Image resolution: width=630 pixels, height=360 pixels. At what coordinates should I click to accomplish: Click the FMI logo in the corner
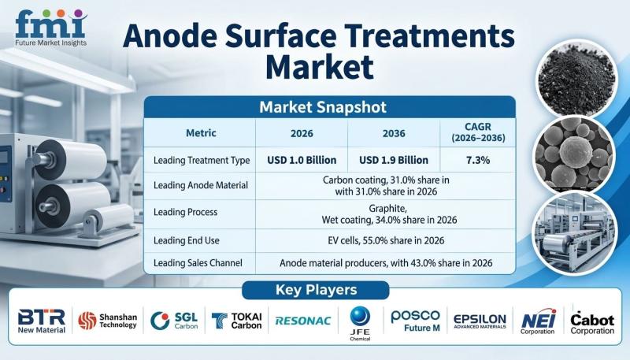[x=50, y=28]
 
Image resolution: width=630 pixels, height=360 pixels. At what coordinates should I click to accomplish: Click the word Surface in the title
[x=280, y=36]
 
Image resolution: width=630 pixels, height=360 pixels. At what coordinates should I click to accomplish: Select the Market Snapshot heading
[x=323, y=107]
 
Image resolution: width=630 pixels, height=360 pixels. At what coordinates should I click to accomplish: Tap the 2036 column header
[x=394, y=133]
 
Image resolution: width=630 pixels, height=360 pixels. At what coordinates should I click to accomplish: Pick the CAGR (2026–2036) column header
[x=478, y=132]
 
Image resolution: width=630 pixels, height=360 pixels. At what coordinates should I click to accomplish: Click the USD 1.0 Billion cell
[x=302, y=160]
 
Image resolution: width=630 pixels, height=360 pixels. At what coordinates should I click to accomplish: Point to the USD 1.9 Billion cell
[x=394, y=160]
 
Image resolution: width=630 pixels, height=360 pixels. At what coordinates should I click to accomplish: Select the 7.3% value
[x=478, y=160]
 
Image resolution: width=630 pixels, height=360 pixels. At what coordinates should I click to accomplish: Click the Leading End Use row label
[x=187, y=241]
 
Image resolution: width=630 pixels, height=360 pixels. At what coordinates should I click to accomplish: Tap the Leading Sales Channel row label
[x=198, y=263]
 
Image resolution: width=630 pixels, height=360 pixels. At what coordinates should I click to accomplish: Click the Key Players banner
[x=316, y=290]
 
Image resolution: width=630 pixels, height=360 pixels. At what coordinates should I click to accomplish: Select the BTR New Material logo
[x=42, y=321]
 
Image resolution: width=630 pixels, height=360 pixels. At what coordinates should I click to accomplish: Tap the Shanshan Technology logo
[x=107, y=321]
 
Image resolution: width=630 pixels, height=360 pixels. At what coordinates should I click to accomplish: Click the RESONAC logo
[x=303, y=321]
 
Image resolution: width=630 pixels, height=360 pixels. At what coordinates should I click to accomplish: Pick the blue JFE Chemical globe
[x=360, y=316]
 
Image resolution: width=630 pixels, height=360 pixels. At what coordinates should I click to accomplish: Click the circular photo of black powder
[x=576, y=78]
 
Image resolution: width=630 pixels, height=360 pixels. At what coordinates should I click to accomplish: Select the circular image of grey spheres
[x=575, y=154]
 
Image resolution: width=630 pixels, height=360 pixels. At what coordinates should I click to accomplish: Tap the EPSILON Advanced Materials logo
[x=480, y=321]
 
